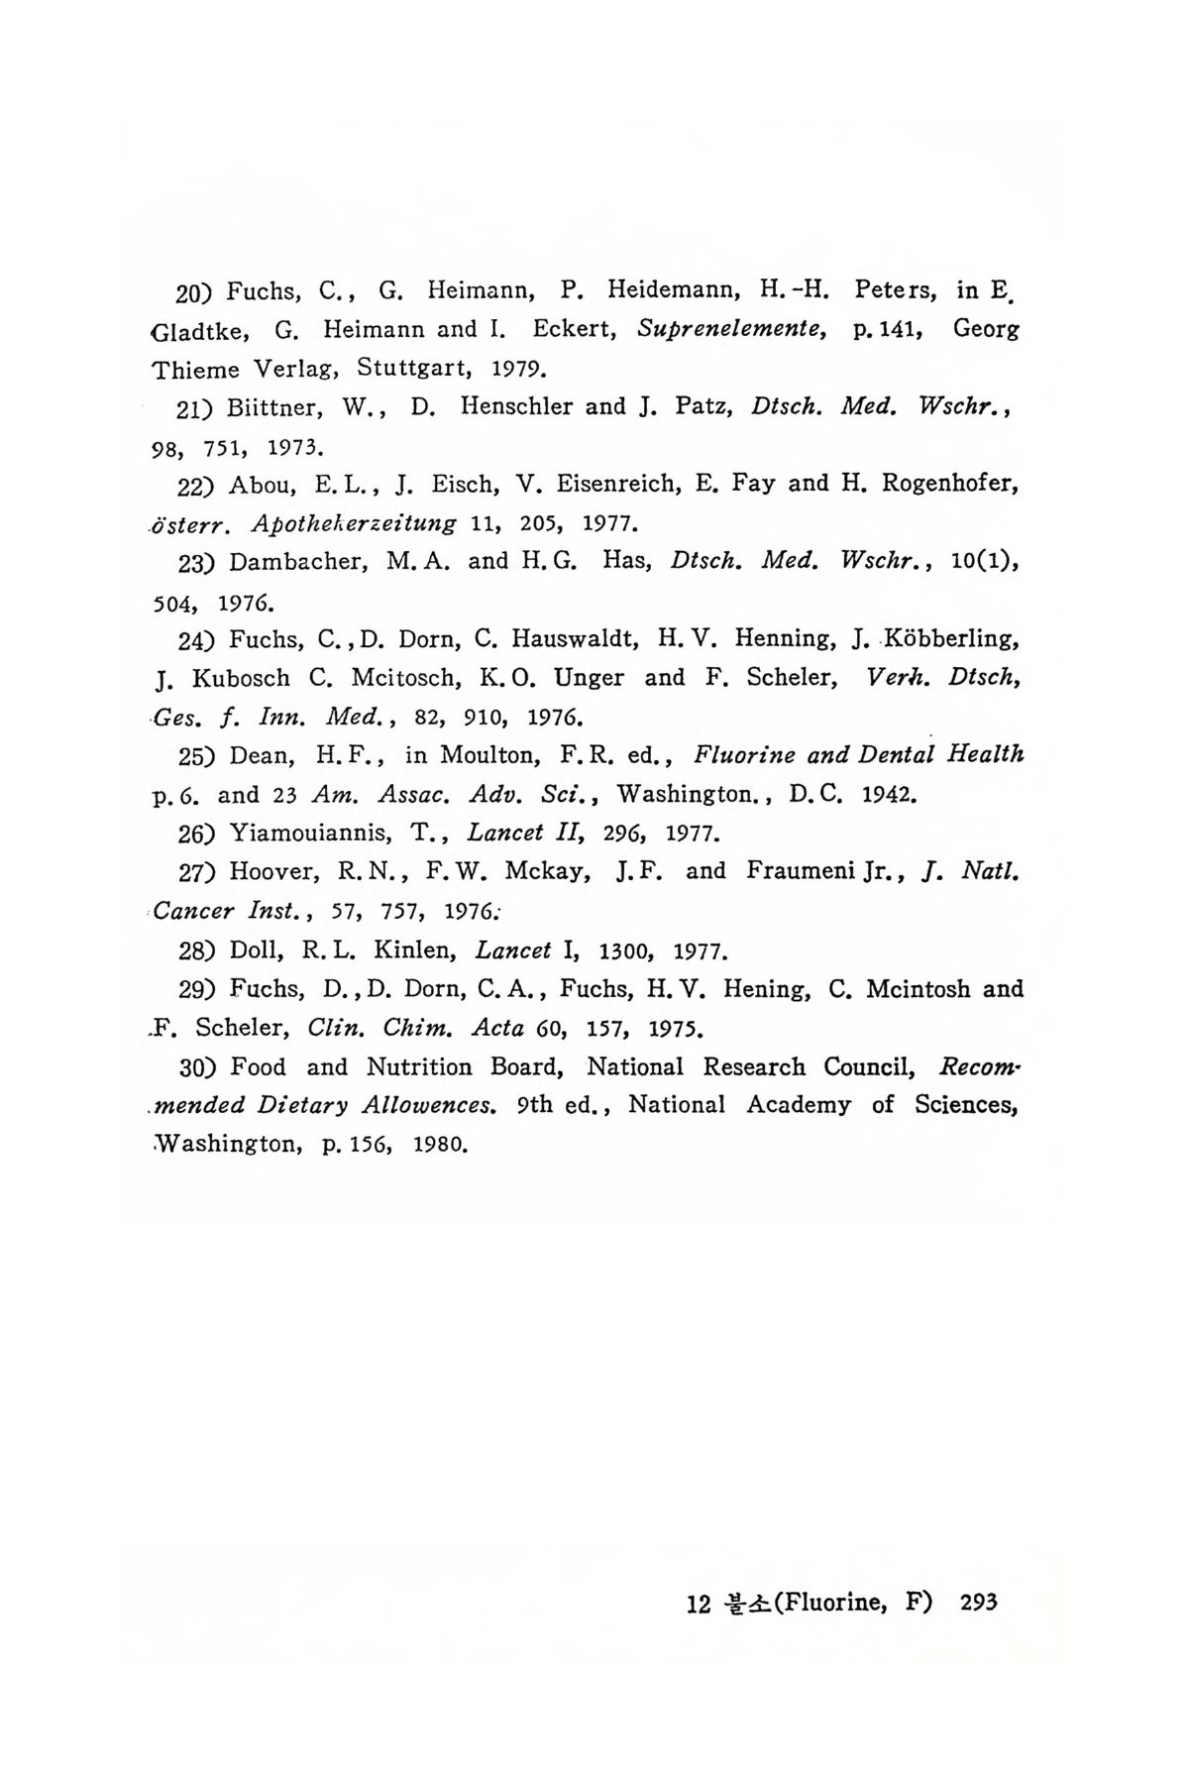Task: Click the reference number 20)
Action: (196, 292)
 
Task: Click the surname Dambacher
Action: (297, 561)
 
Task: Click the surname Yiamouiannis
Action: (313, 833)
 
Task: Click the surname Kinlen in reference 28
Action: (412, 951)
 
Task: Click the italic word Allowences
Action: (429, 1105)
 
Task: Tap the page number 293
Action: (977, 1603)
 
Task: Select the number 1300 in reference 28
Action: (623, 951)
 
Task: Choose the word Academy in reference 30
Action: (800, 1105)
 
